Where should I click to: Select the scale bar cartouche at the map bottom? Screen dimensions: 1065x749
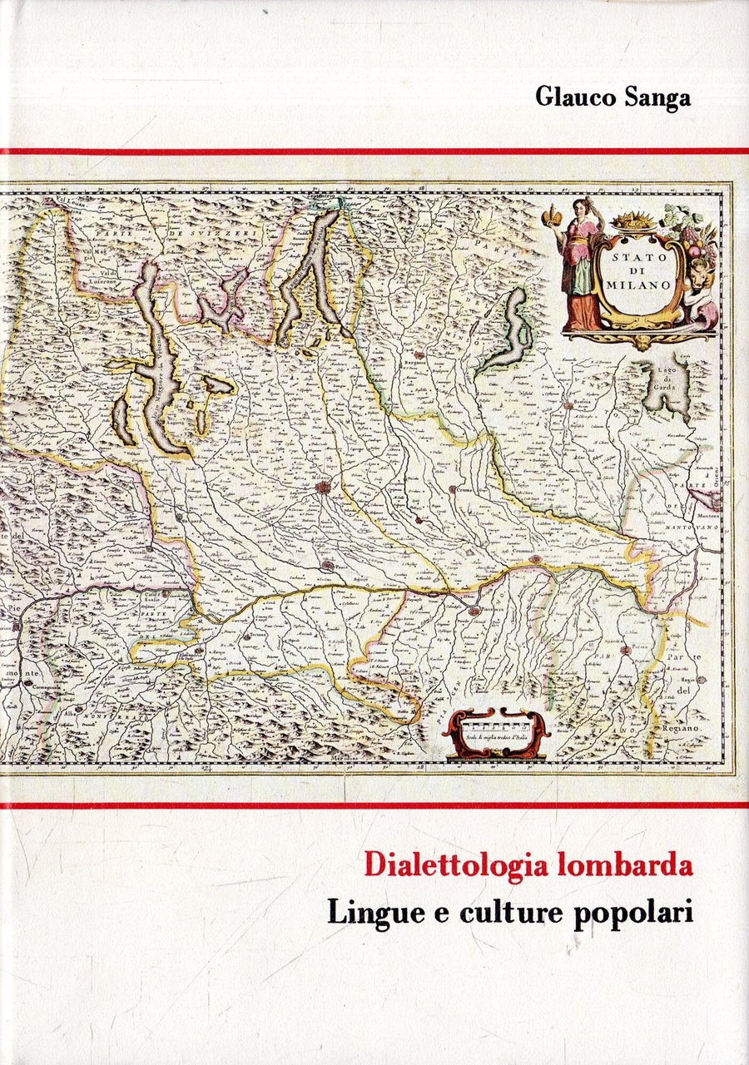point(496,732)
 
